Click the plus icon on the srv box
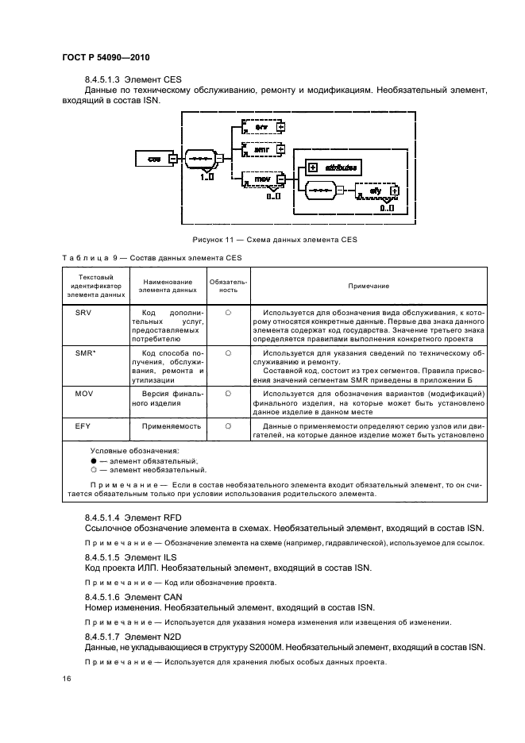click(280, 127)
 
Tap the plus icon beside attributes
click(313, 167)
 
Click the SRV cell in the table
click(83, 314)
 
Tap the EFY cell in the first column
click(83, 426)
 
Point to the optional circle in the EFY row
click(227, 426)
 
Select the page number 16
click(67, 679)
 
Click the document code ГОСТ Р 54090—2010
click(106, 57)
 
